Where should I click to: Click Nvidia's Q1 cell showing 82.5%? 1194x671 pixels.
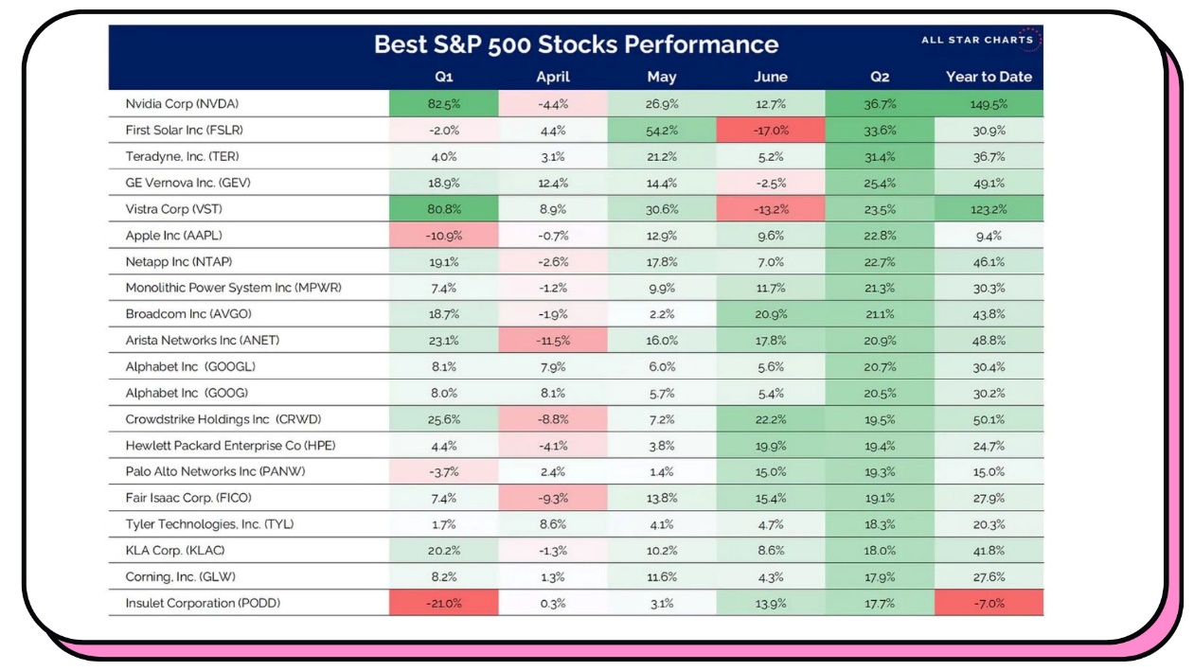[443, 103]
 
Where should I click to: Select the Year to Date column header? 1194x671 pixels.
[989, 77]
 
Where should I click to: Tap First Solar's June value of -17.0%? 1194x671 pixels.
[771, 130]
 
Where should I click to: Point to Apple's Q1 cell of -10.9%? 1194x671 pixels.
[443, 235]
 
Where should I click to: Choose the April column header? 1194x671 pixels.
[553, 77]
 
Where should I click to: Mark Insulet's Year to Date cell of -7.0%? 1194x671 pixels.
[989, 603]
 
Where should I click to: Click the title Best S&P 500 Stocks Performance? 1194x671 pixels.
[576, 44]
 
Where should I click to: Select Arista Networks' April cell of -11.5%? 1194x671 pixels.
[553, 340]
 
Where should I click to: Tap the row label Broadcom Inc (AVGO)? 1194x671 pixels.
[188, 313]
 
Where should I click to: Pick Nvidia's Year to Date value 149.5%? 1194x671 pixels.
[989, 103]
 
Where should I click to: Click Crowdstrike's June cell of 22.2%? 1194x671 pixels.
[771, 418]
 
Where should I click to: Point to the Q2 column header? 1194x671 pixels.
[880, 77]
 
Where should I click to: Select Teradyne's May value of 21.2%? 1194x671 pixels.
[662, 156]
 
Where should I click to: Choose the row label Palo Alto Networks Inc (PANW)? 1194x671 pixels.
[215, 471]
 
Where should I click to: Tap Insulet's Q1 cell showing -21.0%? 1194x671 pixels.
[443, 603]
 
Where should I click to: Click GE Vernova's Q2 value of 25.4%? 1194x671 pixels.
[880, 183]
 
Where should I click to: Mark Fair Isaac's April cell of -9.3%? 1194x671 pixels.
[553, 498]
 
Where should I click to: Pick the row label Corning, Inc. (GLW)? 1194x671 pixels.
[180, 576]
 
